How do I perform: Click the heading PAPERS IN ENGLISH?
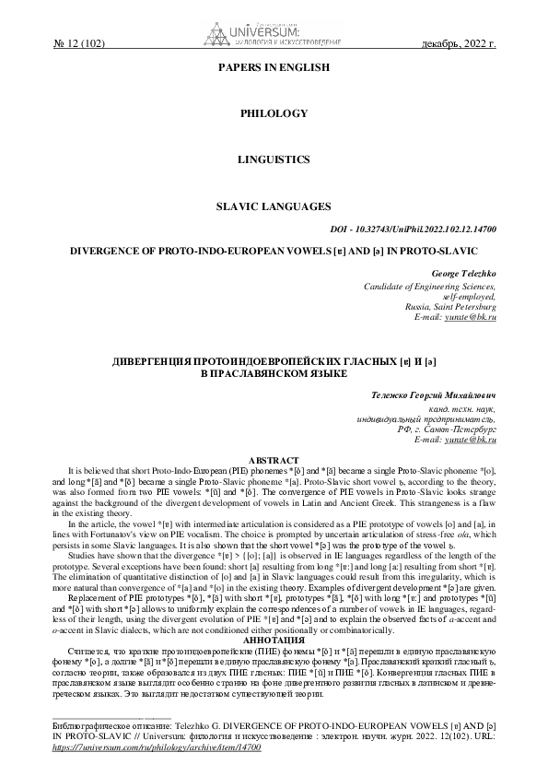pyautogui.click(x=273, y=68)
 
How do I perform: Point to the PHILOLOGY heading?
pyautogui.click(x=273, y=112)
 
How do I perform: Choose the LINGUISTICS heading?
pyautogui.click(x=273, y=159)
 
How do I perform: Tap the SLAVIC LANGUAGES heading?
pyautogui.click(x=273, y=206)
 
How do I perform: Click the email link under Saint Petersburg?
pyautogui.click(x=478, y=316)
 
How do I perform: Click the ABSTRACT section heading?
pyautogui.click(x=274, y=460)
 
